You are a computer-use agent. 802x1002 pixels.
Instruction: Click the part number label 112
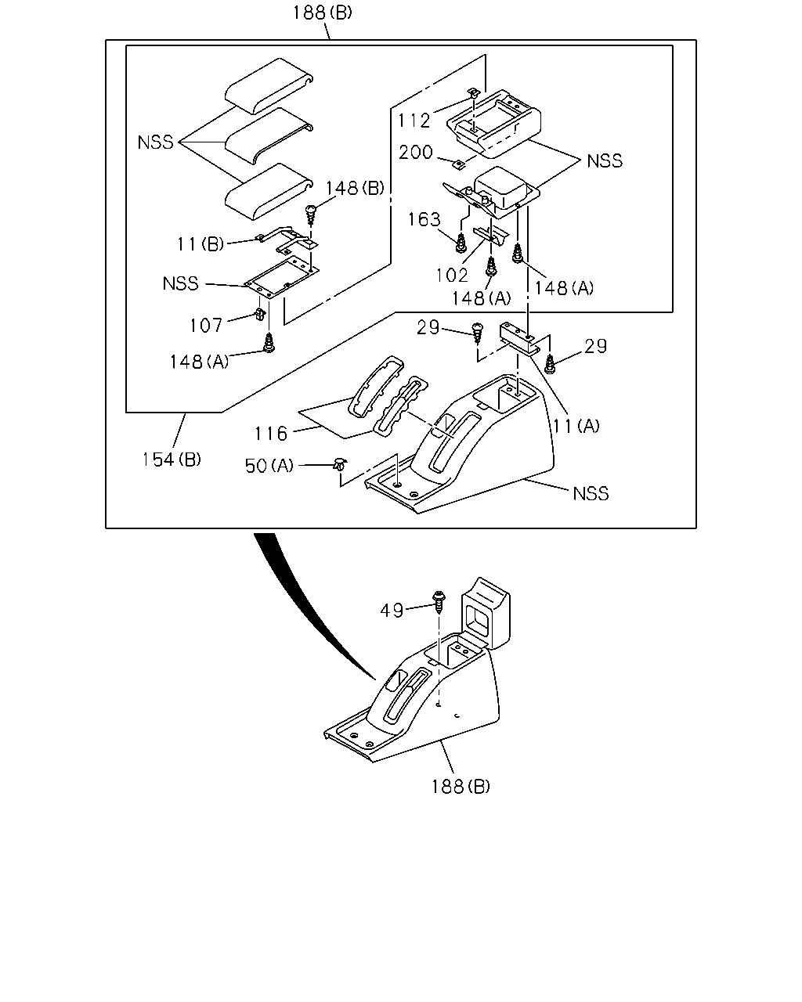pos(414,121)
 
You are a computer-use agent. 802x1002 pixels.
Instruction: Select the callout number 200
pos(416,152)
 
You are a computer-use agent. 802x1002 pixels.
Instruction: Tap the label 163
pos(424,219)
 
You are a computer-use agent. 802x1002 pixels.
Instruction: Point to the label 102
pos(452,276)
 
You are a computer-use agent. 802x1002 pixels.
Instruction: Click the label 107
pos(206,326)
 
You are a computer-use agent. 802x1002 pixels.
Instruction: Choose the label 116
pos(271,434)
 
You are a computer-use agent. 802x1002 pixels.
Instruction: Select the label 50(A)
pos(269,465)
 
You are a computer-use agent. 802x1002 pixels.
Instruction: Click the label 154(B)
pos(172,460)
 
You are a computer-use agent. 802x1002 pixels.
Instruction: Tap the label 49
pos(392,611)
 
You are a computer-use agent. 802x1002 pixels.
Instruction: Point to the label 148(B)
pos(355,188)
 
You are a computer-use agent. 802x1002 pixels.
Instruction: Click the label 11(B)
pos(200,244)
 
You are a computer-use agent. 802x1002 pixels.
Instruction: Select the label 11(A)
pos(576,426)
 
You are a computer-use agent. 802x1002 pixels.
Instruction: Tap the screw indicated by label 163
pos(461,243)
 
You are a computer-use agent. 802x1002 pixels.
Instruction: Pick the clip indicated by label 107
pos(260,314)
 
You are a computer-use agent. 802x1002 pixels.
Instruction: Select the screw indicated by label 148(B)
pos(311,214)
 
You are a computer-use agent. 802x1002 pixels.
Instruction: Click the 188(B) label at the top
pos(322,13)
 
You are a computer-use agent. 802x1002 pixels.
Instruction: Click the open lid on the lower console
pos(486,612)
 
